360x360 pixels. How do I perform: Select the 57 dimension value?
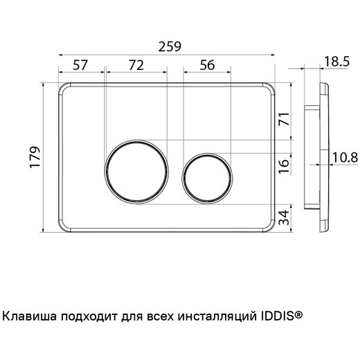point(80,64)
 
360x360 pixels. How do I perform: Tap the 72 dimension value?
point(136,64)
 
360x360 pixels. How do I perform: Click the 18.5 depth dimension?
point(335,63)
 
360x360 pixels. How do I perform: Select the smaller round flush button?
point(205,171)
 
